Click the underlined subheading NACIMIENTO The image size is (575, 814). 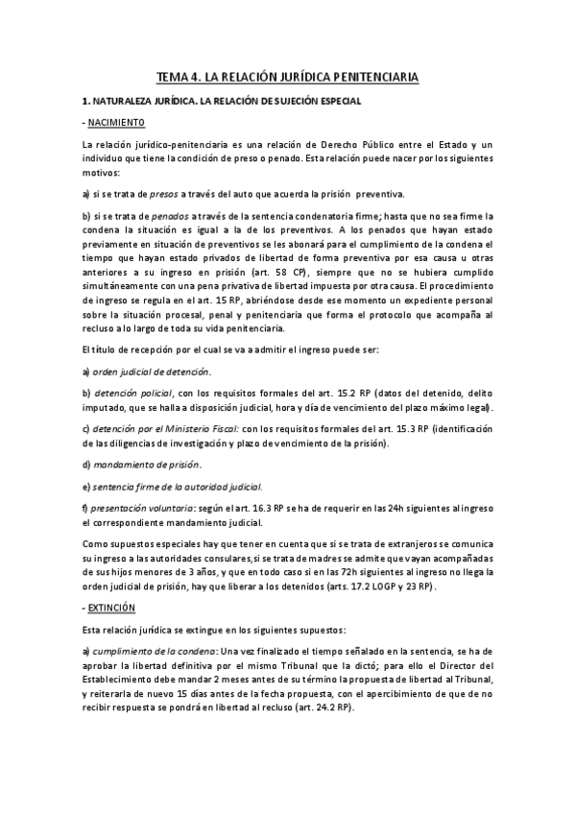click(115, 123)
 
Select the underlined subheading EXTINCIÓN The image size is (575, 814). click(112, 609)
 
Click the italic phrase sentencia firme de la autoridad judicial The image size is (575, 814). click(179, 487)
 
